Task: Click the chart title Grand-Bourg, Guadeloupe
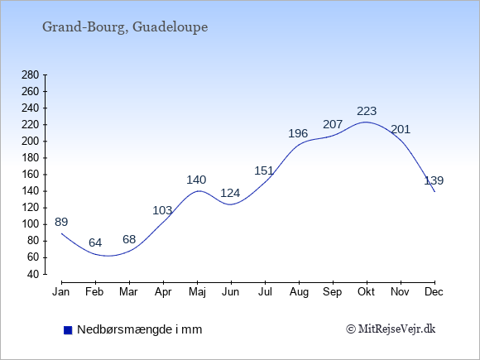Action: [x=125, y=27]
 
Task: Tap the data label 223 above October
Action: [x=367, y=111]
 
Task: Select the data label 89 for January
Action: [x=61, y=222]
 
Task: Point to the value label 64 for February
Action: [x=95, y=242]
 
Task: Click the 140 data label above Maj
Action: [x=196, y=180]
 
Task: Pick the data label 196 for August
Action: [x=298, y=133]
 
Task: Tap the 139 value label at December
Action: [x=434, y=180]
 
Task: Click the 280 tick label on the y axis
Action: [x=31, y=75]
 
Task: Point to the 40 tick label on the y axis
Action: [x=33, y=274]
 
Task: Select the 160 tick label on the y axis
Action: [x=31, y=175]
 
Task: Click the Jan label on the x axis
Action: [x=61, y=292]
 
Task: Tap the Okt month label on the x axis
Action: [x=366, y=292]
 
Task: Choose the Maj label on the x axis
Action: [x=197, y=292]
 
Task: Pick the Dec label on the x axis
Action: [x=434, y=292]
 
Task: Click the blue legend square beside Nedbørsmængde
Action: [x=68, y=330]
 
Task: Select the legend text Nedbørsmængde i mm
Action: [x=140, y=329]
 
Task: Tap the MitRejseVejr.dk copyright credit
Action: [x=391, y=329]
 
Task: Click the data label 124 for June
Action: [x=230, y=193]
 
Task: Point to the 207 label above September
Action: [x=333, y=124]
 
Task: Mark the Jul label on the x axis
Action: [x=265, y=292]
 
